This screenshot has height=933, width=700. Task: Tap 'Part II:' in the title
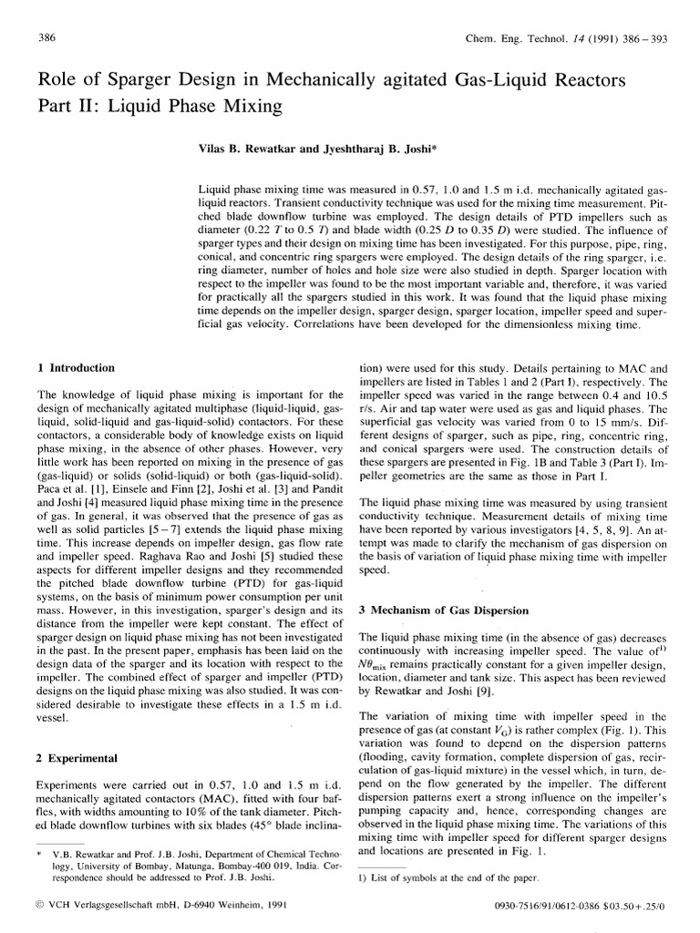click(66, 105)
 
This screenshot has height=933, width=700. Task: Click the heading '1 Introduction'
click(76, 368)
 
